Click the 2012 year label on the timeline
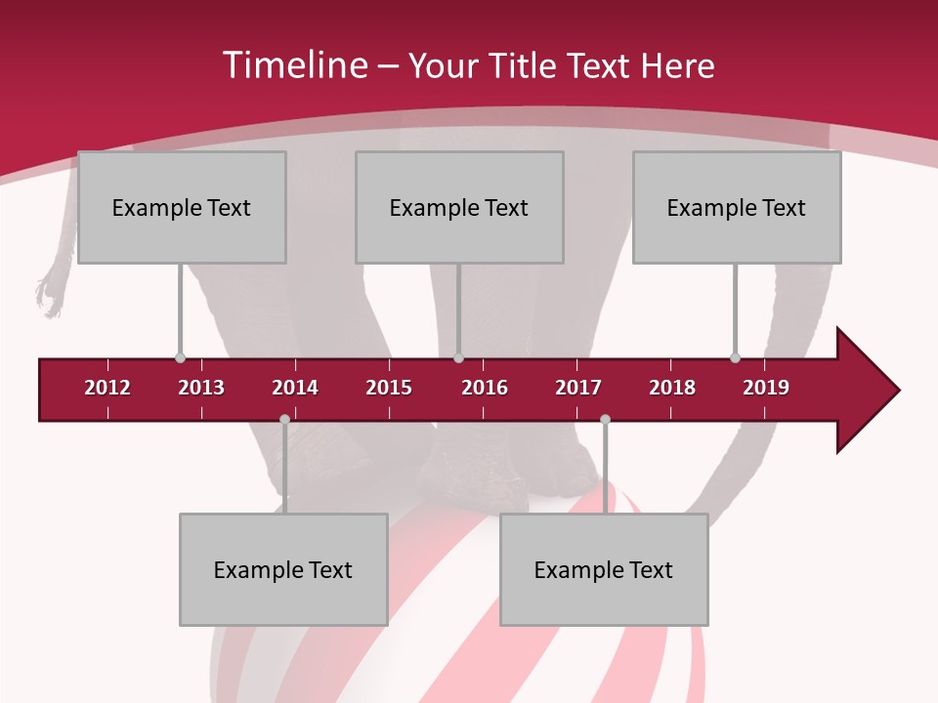(x=107, y=388)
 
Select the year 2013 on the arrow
(x=201, y=388)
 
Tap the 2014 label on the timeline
(x=295, y=388)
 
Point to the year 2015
(x=389, y=388)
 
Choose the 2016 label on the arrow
(x=485, y=388)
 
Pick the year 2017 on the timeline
(x=578, y=388)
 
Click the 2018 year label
(x=672, y=388)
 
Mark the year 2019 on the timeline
(x=766, y=388)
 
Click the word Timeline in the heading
(x=295, y=65)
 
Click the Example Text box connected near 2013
(x=182, y=207)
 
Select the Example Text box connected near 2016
(x=459, y=207)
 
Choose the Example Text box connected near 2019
(x=737, y=207)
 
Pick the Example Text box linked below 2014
(x=283, y=569)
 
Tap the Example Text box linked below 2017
(x=604, y=569)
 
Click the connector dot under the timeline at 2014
(x=284, y=420)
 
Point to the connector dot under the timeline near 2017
(x=605, y=420)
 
